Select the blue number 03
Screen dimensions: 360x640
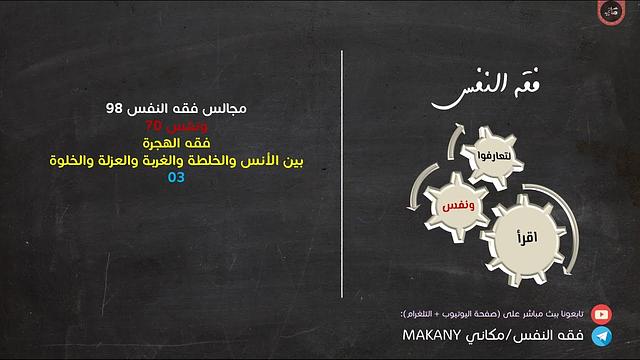(177, 178)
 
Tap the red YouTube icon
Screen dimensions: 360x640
(602, 313)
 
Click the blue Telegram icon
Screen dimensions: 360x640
(602, 336)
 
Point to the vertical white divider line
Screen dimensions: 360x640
(342, 180)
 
